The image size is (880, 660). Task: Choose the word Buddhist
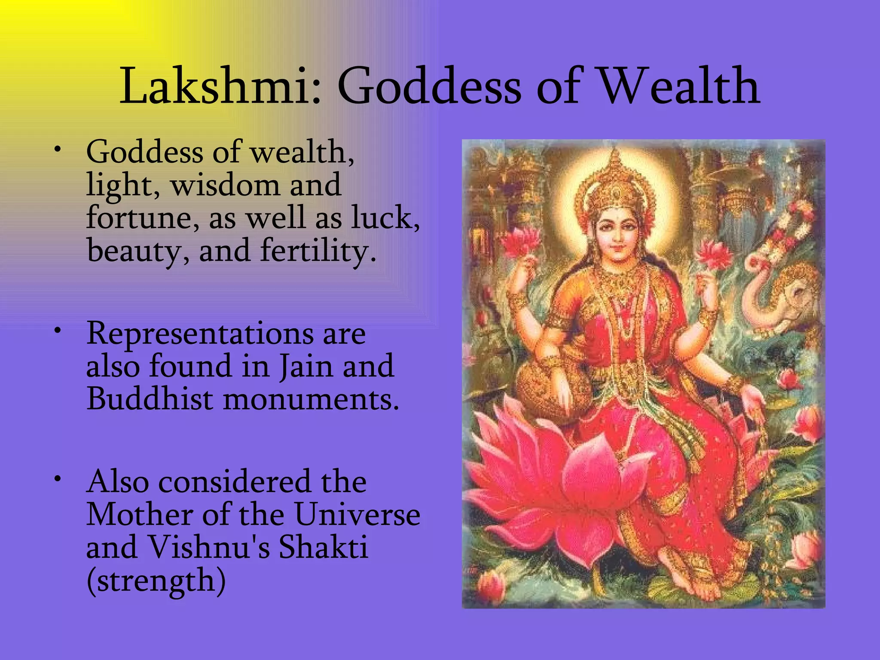tap(150, 399)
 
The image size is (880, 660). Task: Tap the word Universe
tap(357, 515)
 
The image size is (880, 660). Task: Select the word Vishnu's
tap(209, 547)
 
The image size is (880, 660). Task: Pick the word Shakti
tap(324, 547)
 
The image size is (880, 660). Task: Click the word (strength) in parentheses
tap(156, 581)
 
